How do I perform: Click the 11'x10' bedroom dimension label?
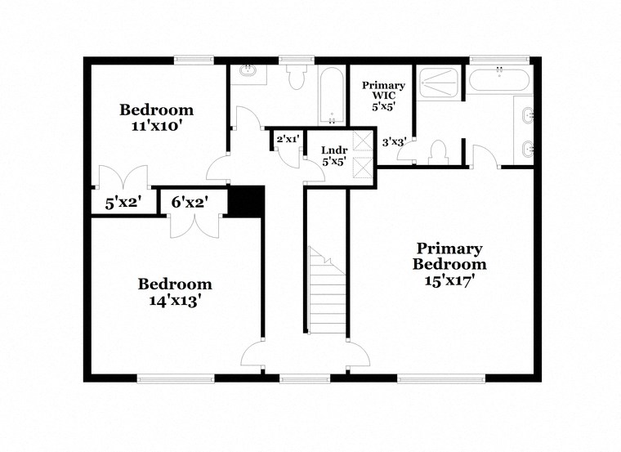[x=156, y=127]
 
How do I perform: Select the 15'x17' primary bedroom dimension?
[x=449, y=281]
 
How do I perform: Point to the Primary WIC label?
[x=383, y=91]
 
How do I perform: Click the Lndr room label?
[x=334, y=150]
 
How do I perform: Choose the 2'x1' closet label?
[x=288, y=139]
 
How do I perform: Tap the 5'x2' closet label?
[x=123, y=204]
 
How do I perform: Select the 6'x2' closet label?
[x=190, y=203]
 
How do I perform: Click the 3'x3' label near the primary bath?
[x=394, y=142]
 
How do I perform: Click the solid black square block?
[x=246, y=201]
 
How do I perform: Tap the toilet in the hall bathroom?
[x=297, y=77]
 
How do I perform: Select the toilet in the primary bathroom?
[x=438, y=153]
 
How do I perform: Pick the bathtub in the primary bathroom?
[x=498, y=80]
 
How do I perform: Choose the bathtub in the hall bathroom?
[x=332, y=96]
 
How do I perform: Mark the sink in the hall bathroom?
[x=248, y=72]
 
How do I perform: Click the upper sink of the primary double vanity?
[x=528, y=116]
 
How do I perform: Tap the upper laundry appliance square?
[x=362, y=141]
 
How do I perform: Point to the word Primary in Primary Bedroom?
[x=449, y=248]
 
